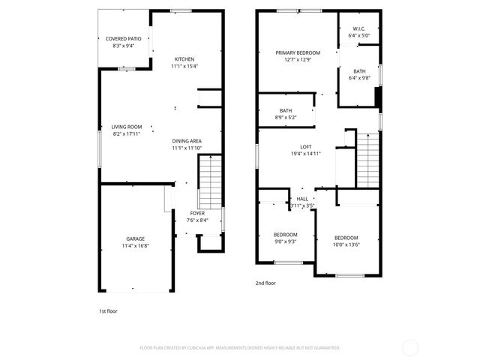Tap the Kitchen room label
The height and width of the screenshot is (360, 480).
coord(184,59)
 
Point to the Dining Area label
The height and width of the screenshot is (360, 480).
coord(186,140)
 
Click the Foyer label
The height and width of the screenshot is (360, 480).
coord(197,213)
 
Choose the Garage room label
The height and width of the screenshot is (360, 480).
coord(136,238)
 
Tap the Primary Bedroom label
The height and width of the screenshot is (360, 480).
coord(298,52)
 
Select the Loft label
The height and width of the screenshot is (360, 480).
coord(305,147)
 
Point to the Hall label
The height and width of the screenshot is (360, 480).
coord(302,198)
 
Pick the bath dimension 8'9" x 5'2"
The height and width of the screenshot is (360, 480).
coord(286,118)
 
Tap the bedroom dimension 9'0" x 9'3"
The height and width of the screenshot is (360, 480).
coord(286,241)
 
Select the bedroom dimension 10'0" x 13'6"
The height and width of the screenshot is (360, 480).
coord(346,244)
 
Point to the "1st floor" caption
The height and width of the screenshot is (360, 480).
coord(108,311)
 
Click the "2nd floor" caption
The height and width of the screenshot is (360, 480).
coord(265,283)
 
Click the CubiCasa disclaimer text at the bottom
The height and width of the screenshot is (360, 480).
coord(240,348)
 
